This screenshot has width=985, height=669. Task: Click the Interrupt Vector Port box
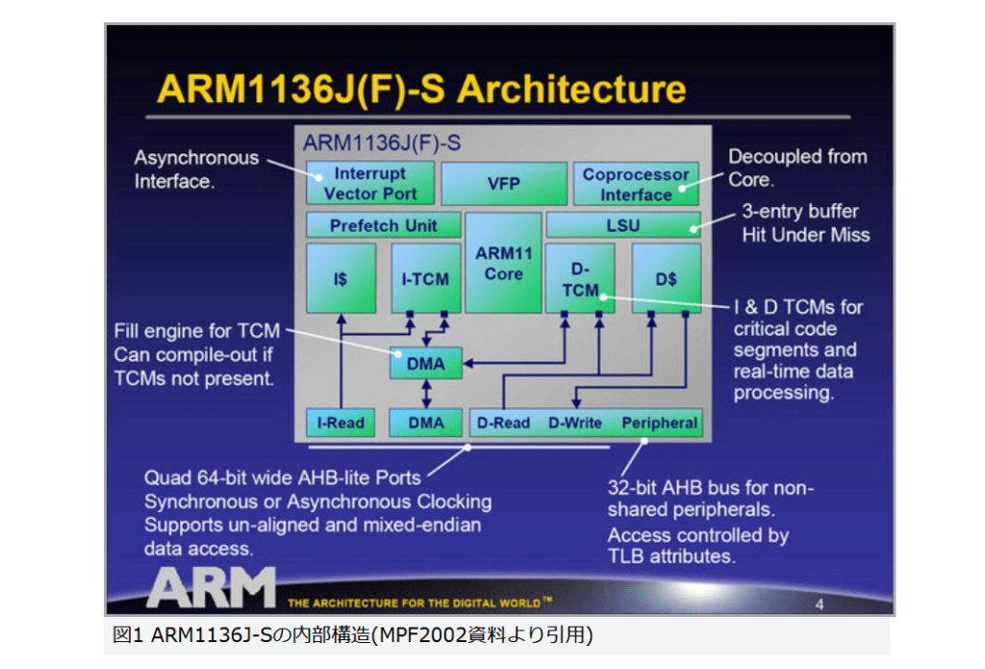click(370, 183)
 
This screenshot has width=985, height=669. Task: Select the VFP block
click(503, 183)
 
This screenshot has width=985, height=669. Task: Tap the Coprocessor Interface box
click(636, 183)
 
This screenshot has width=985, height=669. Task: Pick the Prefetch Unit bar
click(383, 225)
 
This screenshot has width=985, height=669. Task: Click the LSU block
click(622, 225)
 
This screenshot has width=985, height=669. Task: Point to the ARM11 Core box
click(503, 263)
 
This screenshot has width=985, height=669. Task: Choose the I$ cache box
click(341, 278)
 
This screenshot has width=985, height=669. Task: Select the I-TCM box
click(425, 278)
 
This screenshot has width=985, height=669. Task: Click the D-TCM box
click(579, 278)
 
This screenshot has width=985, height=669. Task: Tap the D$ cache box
click(666, 278)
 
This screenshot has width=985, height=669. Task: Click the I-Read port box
click(341, 423)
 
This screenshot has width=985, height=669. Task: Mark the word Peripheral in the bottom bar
click(659, 423)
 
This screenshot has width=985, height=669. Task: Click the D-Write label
click(574, 423)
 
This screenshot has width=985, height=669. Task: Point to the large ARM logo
click(211, 586)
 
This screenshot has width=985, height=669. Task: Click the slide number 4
click(819, 605)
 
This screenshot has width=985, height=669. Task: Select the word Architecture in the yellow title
click(570, 89)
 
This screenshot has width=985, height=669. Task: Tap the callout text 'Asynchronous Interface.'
click(196, 168)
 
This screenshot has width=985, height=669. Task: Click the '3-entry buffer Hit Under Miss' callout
click(805, 222)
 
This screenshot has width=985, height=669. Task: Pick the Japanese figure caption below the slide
click(352, 636)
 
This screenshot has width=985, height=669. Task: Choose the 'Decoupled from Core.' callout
click(796, 167)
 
